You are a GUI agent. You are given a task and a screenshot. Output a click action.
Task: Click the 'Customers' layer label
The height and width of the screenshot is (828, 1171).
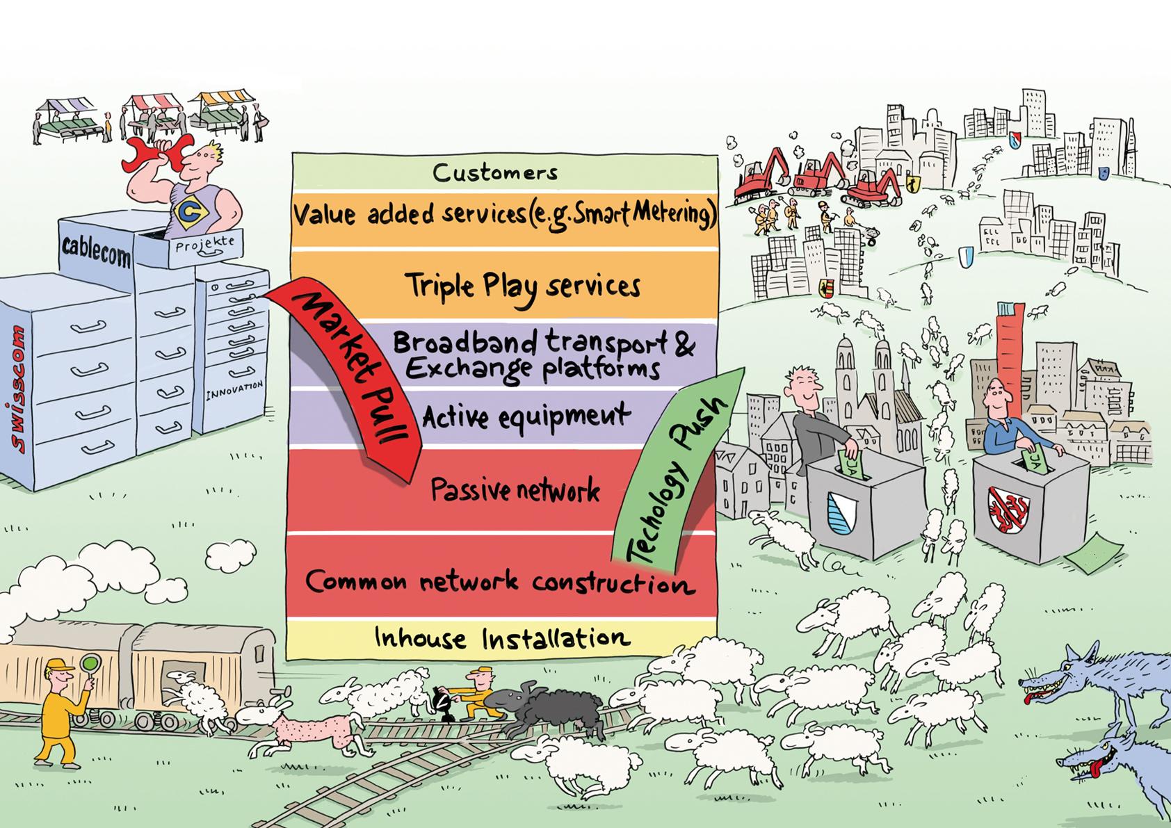point(495,172)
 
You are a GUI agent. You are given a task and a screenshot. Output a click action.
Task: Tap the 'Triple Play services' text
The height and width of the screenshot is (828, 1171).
point(523,286)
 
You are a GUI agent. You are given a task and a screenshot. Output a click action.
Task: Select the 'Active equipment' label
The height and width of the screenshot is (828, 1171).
point(526,417)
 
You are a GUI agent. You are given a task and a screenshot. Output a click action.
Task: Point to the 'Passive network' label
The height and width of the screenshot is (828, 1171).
point(515,491)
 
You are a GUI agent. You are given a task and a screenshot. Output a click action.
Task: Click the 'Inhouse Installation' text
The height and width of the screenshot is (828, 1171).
point(502,638)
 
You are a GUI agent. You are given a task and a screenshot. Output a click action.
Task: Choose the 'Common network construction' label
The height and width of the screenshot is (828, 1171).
point(499,582)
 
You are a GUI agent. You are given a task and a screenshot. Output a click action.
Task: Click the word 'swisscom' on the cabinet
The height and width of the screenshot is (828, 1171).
point(21,389)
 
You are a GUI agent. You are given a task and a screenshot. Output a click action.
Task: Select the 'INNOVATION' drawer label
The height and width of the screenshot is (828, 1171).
point(234,390)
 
